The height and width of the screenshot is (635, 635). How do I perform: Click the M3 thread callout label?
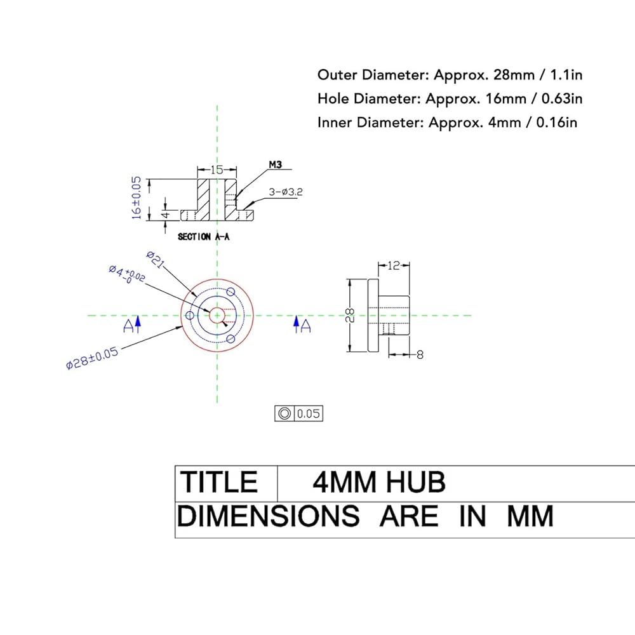(276, 165)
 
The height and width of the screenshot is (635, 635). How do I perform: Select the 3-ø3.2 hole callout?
(286, 192)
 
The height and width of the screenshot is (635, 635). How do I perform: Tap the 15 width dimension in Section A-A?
(217, 170)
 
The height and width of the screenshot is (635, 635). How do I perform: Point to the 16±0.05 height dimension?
(137, 197)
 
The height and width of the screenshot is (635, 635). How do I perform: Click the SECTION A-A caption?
(204, 236)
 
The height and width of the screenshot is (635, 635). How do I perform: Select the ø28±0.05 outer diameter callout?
(92, 358)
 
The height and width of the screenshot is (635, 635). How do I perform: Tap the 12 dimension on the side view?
(394, 265)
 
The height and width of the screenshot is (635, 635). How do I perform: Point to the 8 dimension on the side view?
(420, 355)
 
